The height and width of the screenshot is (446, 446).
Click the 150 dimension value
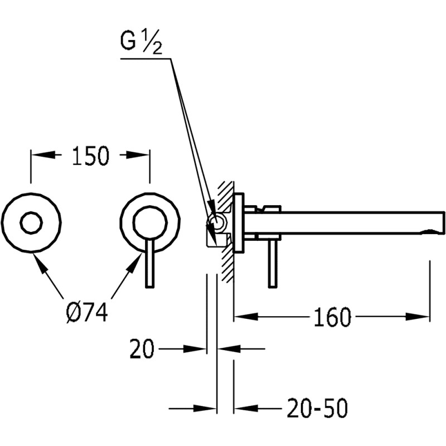click(90, 156)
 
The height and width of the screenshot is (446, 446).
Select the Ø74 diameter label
click(87, 312)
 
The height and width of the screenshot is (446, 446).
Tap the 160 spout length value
click(332, 317)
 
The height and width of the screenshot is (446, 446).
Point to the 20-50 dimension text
click(317, 408)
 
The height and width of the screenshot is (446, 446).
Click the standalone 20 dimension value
click(142, 349)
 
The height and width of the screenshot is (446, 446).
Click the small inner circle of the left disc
click(31, 222)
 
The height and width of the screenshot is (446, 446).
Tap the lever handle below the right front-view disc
click(149, 263)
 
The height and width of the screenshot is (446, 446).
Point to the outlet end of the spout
click(443, 222)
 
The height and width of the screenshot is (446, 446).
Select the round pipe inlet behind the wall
click(216, 222)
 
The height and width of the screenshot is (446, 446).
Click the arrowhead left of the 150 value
click(43, 155)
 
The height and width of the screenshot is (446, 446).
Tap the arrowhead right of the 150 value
click(138, 155)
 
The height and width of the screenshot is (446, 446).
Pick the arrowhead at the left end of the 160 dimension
click(246, 317)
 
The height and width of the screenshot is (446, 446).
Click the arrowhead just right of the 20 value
click(195, 349)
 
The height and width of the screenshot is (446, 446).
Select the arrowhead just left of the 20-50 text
click(246, 408)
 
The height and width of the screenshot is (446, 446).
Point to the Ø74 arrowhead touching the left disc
click(40, 263)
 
